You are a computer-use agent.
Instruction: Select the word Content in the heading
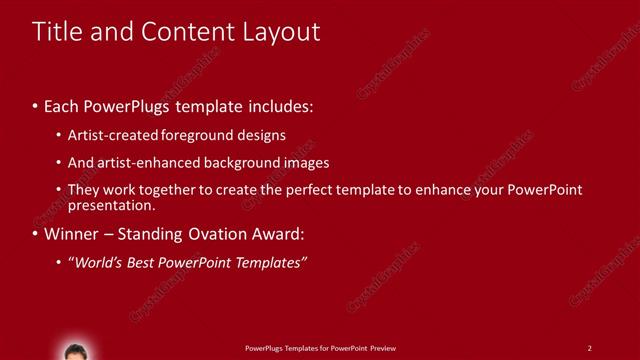click(x=180, y=31)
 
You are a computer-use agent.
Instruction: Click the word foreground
click(x=196, y=134)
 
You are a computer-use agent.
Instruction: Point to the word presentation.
click(x=111, y=206)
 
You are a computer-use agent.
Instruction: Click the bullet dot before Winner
click(x=36, y=236)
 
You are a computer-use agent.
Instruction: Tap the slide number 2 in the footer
click(x=590, y=348)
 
